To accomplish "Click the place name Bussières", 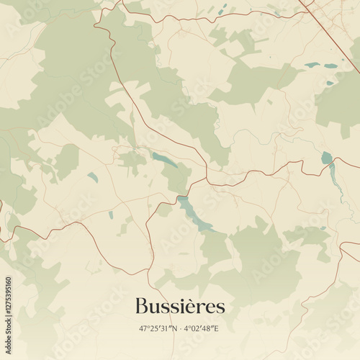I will click(x=179, y=305).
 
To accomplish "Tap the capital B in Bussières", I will click(x=141, y=305).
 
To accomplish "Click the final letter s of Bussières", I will click(x=220, y=307).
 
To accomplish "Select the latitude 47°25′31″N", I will click(x=158, y=328).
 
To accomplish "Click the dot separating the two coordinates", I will click(x=181, y=328).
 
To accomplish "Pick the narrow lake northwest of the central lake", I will click(x=164, y=160).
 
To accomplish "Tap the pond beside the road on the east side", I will click(x=327, y=157).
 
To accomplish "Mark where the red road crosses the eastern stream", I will click(x=332, y=166).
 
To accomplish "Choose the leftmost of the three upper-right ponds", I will click(x=311, y=66).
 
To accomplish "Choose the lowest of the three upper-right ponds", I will click(x=330, y=83).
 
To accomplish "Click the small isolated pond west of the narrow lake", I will click(x=92, y=177).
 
